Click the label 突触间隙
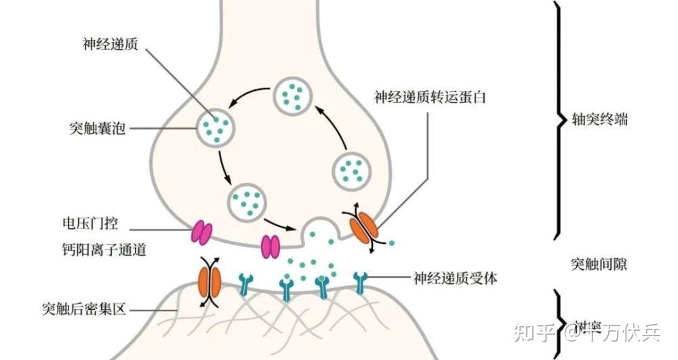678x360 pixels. coord(599,263)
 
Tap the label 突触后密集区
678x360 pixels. coord(83,310)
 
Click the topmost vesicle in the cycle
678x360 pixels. coord(293,96)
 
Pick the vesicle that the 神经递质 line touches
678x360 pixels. coord(216,125)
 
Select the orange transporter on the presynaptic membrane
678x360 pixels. coord(365,226)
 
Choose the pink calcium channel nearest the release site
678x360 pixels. coord(270,245)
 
